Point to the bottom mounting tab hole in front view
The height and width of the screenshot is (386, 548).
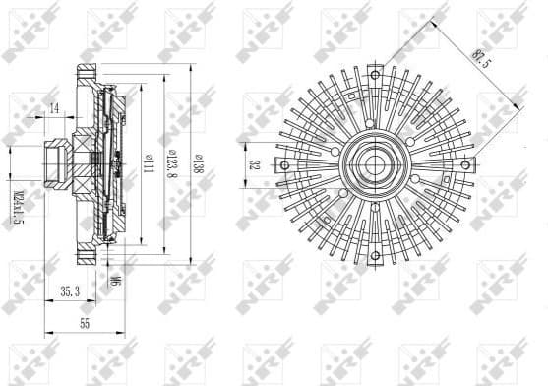click(x=374, y=258)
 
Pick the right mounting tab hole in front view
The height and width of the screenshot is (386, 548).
click(x=467, y=164)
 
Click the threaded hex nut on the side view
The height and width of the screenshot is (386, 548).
click(x=54, y=164)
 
